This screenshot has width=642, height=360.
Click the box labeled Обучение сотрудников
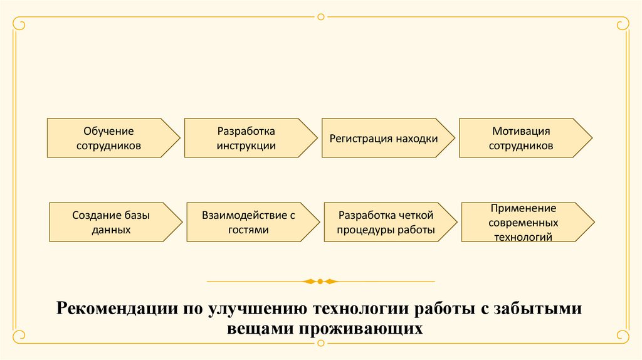pyautogui.click(x=110, y=138)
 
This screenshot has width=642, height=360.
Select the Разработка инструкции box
pyautogui.click(x=246, y=138)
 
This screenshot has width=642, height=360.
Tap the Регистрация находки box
pyautogui.click(x=384, y=138)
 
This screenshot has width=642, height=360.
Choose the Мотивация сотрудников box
pyautogui.click(x=521, y=138)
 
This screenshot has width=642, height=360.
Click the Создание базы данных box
pyautogui.click(x=111, y=222)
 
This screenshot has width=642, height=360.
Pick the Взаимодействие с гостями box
pyautogui.click(x=248, y=222)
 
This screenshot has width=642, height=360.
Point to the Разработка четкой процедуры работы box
pyautogui.click(x=386, y=222)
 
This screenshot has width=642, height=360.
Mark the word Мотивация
pyautogui.click(x=521, y=131)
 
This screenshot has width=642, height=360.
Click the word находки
pyautogui.click(x=416, y=139)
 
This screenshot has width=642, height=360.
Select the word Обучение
pyautogui.click(x=109, y=131)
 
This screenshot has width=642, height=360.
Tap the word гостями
pyautogui.click(x=248, y=230)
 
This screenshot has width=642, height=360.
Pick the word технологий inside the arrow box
pyautogui.click(x=523, y=237)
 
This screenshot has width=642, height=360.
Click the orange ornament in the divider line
pyautogui.click(x=320, y=282)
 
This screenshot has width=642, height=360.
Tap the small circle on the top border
pyautogui.click(x=321, y=16)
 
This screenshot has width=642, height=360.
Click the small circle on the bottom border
pyautogui.click(x=321, y=343)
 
